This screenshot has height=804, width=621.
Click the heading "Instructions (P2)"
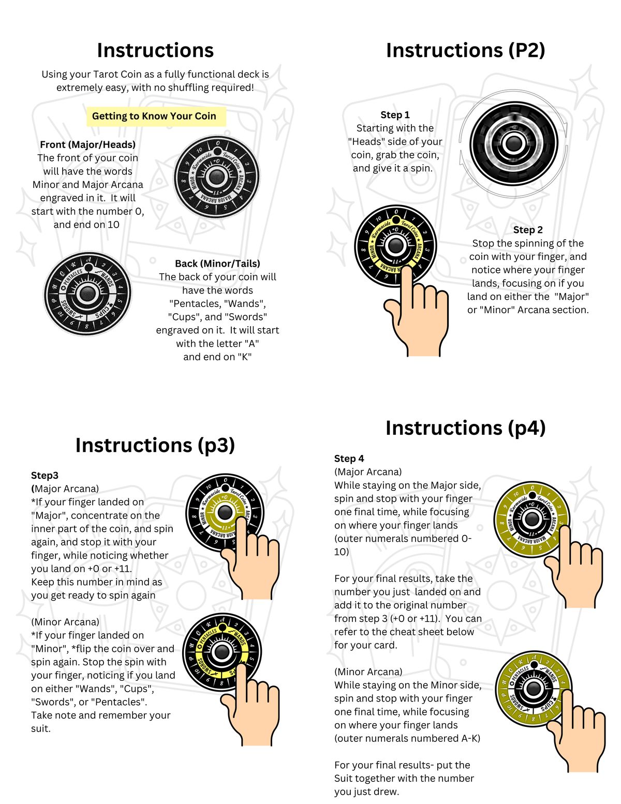pyautogui.click(x=465, y=50)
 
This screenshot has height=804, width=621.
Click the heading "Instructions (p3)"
pyautogui.click(x=155, y=445)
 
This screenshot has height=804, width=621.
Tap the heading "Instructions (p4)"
pyautogui.click(x=465, y=428)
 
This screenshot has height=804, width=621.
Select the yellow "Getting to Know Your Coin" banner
pyautogui.click(x=154, y=116)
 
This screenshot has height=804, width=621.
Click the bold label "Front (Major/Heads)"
pyautogui.click(x=87, y=144)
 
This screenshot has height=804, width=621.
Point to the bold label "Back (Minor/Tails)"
pyautogui.click(x=217, y=264)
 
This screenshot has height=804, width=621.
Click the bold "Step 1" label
pyautogui.click(x=395, y=115)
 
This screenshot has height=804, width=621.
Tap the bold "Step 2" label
pyautogui.click(x=528, y=230)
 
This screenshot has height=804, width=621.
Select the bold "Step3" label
pyautogui.click(x=45, y=475)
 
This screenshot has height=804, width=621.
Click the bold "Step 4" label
pyautogui.click(x=349, y=459)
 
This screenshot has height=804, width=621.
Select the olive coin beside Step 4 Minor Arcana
pyautogui.click(x=533, y=689)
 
